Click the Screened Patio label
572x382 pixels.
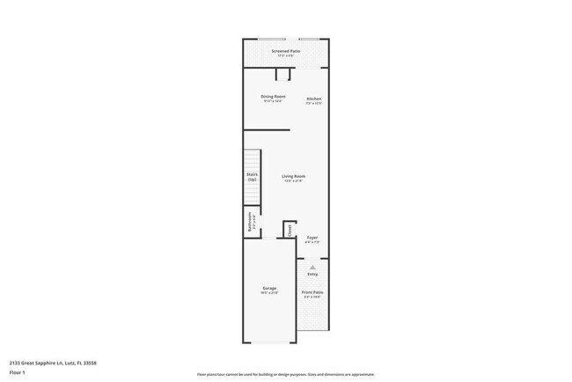286,51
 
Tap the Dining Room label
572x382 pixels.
273,96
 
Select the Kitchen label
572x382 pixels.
314,99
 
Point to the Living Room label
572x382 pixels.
293,177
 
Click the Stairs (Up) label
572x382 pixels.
252,177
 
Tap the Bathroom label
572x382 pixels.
250,221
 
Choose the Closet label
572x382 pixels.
290,229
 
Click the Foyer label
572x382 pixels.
312,238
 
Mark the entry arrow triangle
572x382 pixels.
312,267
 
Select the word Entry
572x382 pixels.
312,274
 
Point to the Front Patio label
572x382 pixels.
312,292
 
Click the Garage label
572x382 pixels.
269,288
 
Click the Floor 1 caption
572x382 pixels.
18,371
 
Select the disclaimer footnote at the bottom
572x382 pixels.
286,374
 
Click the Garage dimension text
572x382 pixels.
269,293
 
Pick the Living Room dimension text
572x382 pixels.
293,181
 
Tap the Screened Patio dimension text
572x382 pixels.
286,55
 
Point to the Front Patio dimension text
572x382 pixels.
312,297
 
